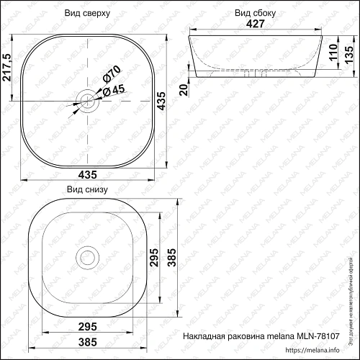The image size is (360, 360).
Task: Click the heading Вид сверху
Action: (86, 13)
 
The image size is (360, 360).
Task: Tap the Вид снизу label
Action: (86, 190)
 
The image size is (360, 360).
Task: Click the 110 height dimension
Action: (333, 53)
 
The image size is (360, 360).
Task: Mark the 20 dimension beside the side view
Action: (184, 89)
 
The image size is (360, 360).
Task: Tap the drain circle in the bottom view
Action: (89, 256)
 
